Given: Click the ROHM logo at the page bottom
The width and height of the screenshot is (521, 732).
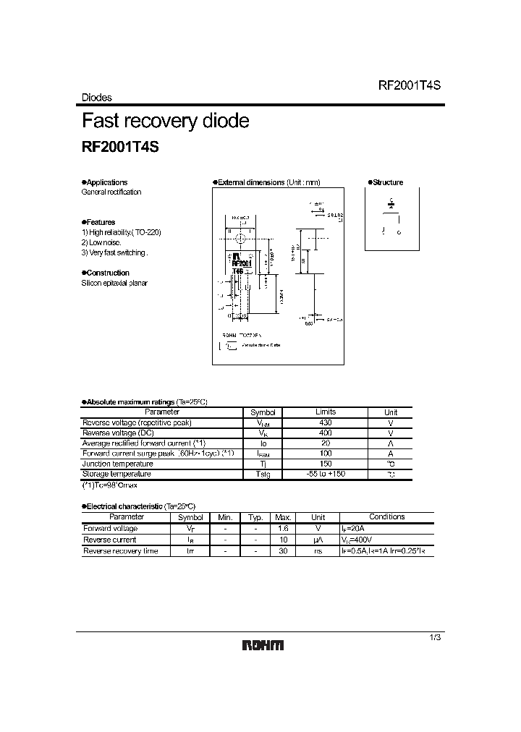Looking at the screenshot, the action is pos(262,646).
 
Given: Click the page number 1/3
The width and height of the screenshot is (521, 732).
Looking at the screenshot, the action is pos(435,637).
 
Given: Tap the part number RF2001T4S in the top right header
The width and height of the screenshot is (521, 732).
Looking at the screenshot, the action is pos(409,85).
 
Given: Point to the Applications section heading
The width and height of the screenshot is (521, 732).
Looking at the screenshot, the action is pos(106,182).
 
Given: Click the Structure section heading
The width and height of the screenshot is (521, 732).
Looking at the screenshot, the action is pos(386,182).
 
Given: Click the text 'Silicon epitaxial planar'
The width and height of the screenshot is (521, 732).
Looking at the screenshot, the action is pos(114,283).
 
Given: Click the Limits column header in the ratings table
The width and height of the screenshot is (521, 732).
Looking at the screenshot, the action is pos(326,412).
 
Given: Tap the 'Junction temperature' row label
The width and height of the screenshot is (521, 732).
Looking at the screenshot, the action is pos(118,464).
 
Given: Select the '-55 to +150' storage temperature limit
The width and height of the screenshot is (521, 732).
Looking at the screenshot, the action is pos(326,474).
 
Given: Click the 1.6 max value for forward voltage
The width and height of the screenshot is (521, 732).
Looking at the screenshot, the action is pos(283,529).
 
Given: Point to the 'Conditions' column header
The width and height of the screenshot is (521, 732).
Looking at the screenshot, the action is pos(387,516).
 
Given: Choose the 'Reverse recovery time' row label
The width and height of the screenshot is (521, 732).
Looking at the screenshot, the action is pos(119,551).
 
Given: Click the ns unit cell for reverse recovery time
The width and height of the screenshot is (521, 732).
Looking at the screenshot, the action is pos(318,551).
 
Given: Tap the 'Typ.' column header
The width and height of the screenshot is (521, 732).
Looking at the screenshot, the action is pos(255,517).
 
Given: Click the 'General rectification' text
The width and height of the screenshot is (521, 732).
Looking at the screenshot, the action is pos(111,192).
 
